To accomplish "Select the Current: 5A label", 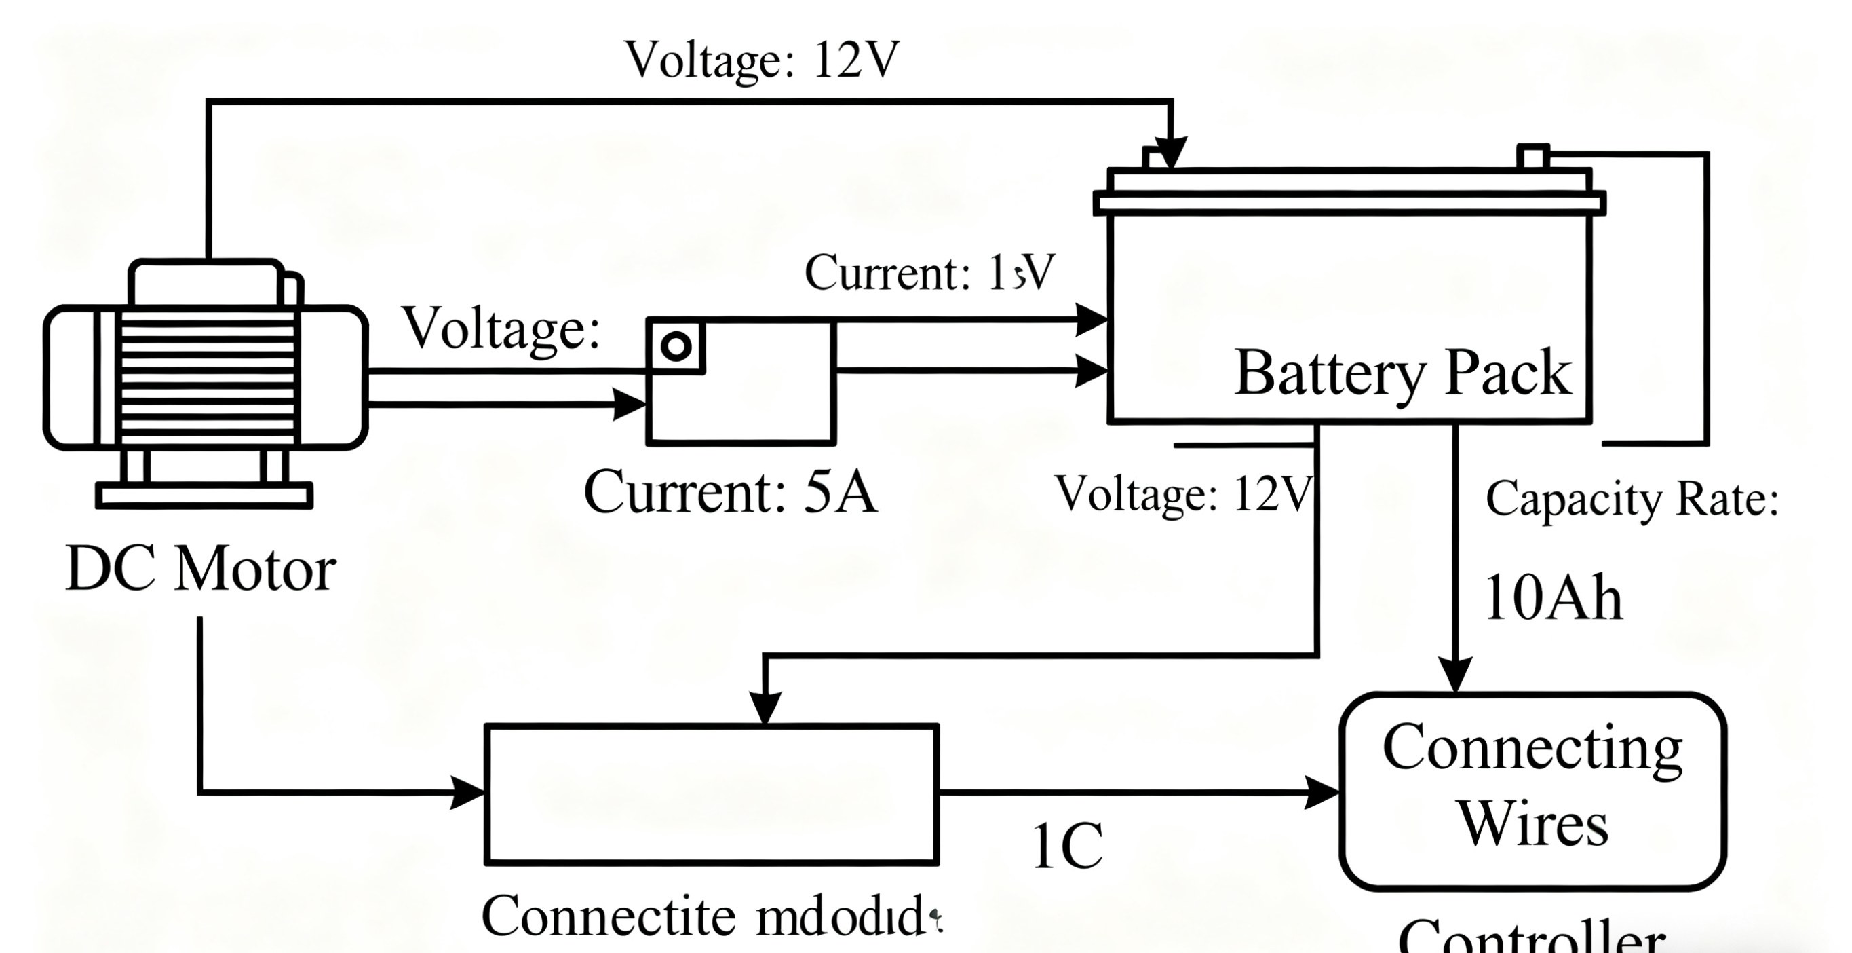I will (730, 493).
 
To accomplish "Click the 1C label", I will (1067, 847).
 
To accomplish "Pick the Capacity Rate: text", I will (1632, 498).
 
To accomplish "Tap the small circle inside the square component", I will (676, 347).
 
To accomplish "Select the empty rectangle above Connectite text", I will (712, 794).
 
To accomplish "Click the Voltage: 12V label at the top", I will (762, 59).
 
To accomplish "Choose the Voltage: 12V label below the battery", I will (1182, 494).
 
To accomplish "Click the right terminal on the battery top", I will (1532, 156).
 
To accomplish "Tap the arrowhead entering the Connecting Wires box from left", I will (1322, 793).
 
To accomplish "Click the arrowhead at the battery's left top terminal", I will (1171, 153).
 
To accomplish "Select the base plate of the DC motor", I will (204, 496).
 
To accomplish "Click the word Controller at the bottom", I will (1531, 939).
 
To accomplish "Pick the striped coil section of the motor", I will (207, 377).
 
